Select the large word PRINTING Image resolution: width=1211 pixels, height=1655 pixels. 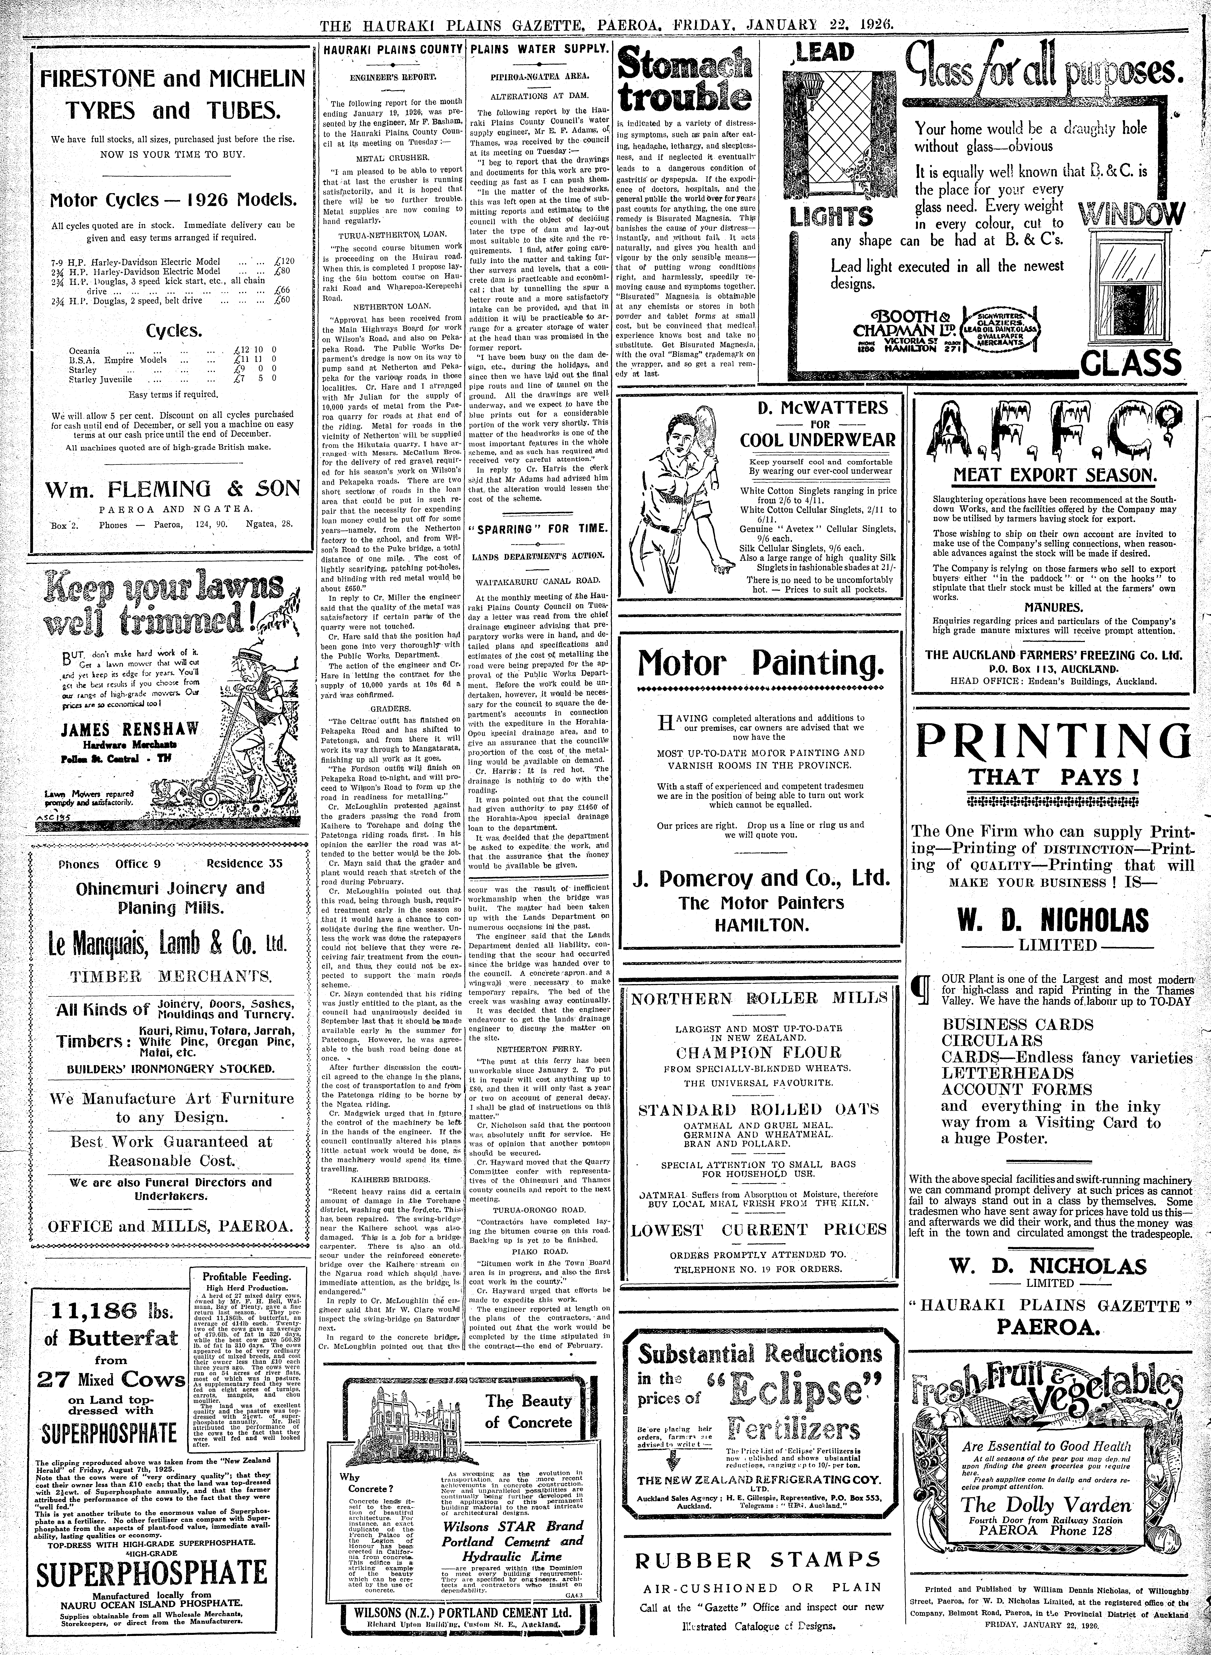click(1052, 741)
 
